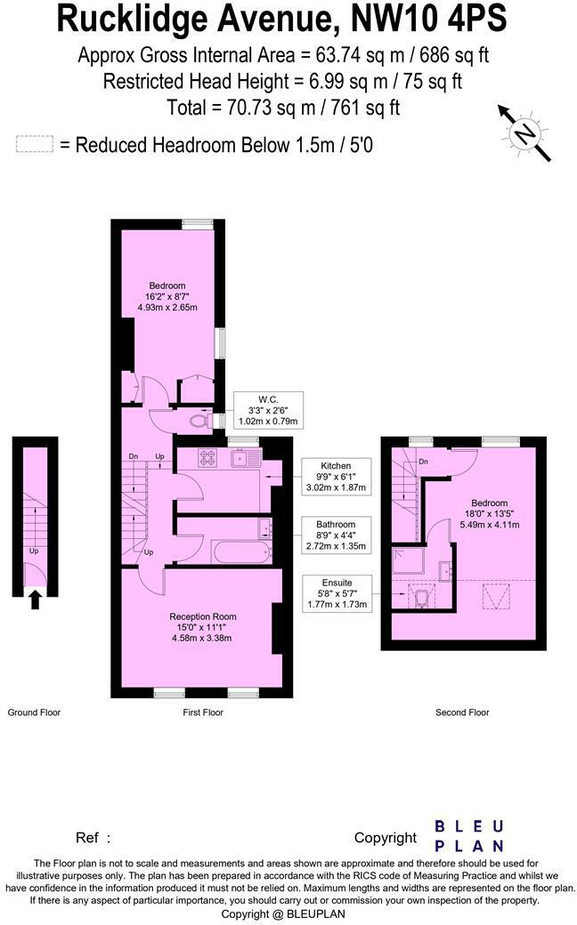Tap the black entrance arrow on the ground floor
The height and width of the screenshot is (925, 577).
point(35,600)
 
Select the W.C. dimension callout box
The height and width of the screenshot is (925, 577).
point(268,409)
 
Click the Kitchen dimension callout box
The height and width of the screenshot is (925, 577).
point(336,477)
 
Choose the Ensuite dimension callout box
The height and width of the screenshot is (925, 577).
point(336,592)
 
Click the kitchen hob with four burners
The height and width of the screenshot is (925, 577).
point(208,459)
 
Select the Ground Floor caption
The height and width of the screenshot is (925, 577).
point(34,712)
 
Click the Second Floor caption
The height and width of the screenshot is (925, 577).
point(462,712)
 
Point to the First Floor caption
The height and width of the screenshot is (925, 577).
point(202,712)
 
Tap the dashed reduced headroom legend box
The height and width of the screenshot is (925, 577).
point(35,144)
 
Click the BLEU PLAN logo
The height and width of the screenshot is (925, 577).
point(469,836)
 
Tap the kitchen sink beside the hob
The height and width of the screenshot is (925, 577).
point(243,459)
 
